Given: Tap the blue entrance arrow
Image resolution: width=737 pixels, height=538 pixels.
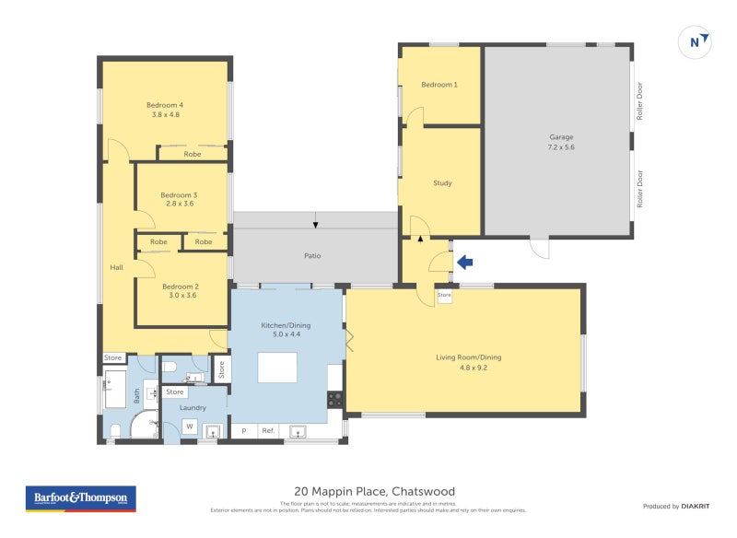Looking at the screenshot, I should pos(464,263).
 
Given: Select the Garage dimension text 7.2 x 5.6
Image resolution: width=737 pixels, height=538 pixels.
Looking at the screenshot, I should pos(561,147).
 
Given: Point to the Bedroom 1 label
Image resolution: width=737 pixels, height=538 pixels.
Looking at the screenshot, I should pos(439,85).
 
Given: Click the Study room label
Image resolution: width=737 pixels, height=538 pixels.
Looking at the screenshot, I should pos(442,182).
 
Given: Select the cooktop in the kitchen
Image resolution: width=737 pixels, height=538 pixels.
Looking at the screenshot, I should pos(335,400).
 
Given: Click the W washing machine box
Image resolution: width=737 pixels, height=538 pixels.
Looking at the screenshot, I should pos(190,426).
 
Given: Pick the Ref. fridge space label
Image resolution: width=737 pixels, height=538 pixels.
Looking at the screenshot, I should pos(268,430).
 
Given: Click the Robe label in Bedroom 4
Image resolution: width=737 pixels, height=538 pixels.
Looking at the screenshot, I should pos(192,154).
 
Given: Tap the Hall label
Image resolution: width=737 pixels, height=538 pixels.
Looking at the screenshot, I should pos(116,267).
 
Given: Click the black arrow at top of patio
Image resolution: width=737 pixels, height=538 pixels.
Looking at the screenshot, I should pos(316,224).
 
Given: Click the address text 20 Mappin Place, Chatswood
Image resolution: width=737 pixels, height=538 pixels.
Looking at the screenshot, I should pos(374,491).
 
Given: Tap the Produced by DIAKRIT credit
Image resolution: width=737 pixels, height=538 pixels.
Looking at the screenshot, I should pos(681,506).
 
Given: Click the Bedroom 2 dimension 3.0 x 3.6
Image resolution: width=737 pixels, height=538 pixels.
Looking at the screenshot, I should pos(183,296).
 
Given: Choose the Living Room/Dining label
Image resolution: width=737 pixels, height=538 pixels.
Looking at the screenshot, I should pos(468,357).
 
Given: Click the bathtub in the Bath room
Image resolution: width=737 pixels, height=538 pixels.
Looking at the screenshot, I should pos(114,390).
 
